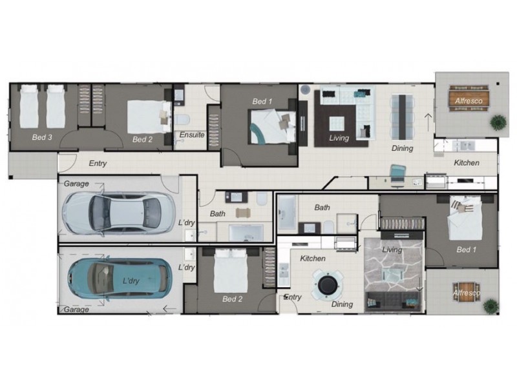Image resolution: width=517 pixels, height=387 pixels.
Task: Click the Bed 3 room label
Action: pyautogui.click(x=42, y=137)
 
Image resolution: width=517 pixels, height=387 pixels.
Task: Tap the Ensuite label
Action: pyautogui.click(x=192, y=135)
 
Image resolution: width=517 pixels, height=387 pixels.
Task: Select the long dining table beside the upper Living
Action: pyautogui.click(x=402, y=117)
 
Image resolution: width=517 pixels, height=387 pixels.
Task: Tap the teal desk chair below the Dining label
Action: pyautogui.click(x=397, y=174)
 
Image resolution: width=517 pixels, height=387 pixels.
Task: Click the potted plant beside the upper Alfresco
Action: pyautogui.click(x=498, y=123)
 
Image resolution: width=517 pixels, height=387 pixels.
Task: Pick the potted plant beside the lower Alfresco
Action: pyautogui.click(x=491, y=306)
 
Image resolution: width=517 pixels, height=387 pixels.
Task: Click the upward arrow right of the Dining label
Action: pyautogui.click(x=428, y=122)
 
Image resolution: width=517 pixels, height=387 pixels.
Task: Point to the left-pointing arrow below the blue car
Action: pyautogui.click(x=170, y=309)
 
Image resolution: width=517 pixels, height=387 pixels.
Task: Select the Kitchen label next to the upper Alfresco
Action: pyautogui.click(x=467, y=163)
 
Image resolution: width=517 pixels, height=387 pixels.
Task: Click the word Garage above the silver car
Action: pyautogui.click(x=76, y=184)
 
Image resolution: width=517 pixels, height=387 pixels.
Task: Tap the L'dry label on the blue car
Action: pyautogui.click(x=131, y=281)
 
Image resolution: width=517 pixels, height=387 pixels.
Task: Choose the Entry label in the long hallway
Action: pyautogui.click(x=98, y=163)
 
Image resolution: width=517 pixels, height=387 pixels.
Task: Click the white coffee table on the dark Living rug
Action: pyautogui.click(x=337, y=124)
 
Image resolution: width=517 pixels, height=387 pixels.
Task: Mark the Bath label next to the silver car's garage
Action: pyautogui.click(x=218, y=213)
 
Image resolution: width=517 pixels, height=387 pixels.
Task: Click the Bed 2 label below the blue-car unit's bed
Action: pyautogui.click(x=232, y=299)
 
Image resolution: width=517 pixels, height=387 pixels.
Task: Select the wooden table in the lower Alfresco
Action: pyautogui.click(x=465, y=293)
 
